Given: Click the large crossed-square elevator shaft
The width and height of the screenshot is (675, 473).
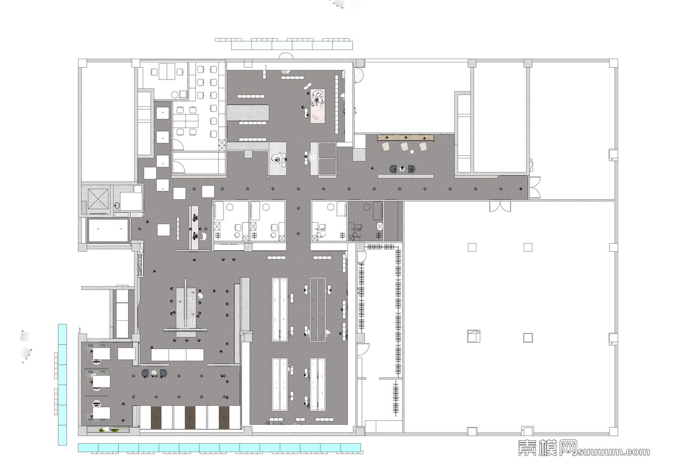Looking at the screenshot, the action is tap(98, 199).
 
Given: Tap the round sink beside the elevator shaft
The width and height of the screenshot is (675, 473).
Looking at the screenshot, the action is tap(117, 206).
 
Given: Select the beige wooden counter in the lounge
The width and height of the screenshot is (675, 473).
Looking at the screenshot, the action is tap(406, 138).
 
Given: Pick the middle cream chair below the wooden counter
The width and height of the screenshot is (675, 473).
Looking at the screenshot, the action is tap(405, 147).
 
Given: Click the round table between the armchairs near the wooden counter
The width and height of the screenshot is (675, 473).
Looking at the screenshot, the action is tap(402, 169).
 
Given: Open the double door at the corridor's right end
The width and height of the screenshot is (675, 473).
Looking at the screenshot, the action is tap(535, 187).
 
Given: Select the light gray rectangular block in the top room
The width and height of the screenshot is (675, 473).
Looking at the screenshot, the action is tap(247, 113).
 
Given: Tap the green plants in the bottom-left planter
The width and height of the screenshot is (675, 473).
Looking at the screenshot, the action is tap(109, 429).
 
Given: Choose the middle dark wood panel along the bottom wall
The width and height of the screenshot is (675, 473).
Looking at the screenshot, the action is tap(190, 418).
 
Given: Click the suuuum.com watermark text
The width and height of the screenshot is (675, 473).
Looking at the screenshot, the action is tap(613, 452).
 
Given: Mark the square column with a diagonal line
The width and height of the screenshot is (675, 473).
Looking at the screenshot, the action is tap(474, 336).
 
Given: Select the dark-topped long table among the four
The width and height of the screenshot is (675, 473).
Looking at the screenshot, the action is tap(318, 309).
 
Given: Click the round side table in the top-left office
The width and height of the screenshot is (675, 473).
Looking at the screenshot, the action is tap(174, 95).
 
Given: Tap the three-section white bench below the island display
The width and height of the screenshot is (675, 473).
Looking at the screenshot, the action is tap(177, 355).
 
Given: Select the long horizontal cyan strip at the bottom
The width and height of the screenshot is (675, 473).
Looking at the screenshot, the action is tap(219, 447).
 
